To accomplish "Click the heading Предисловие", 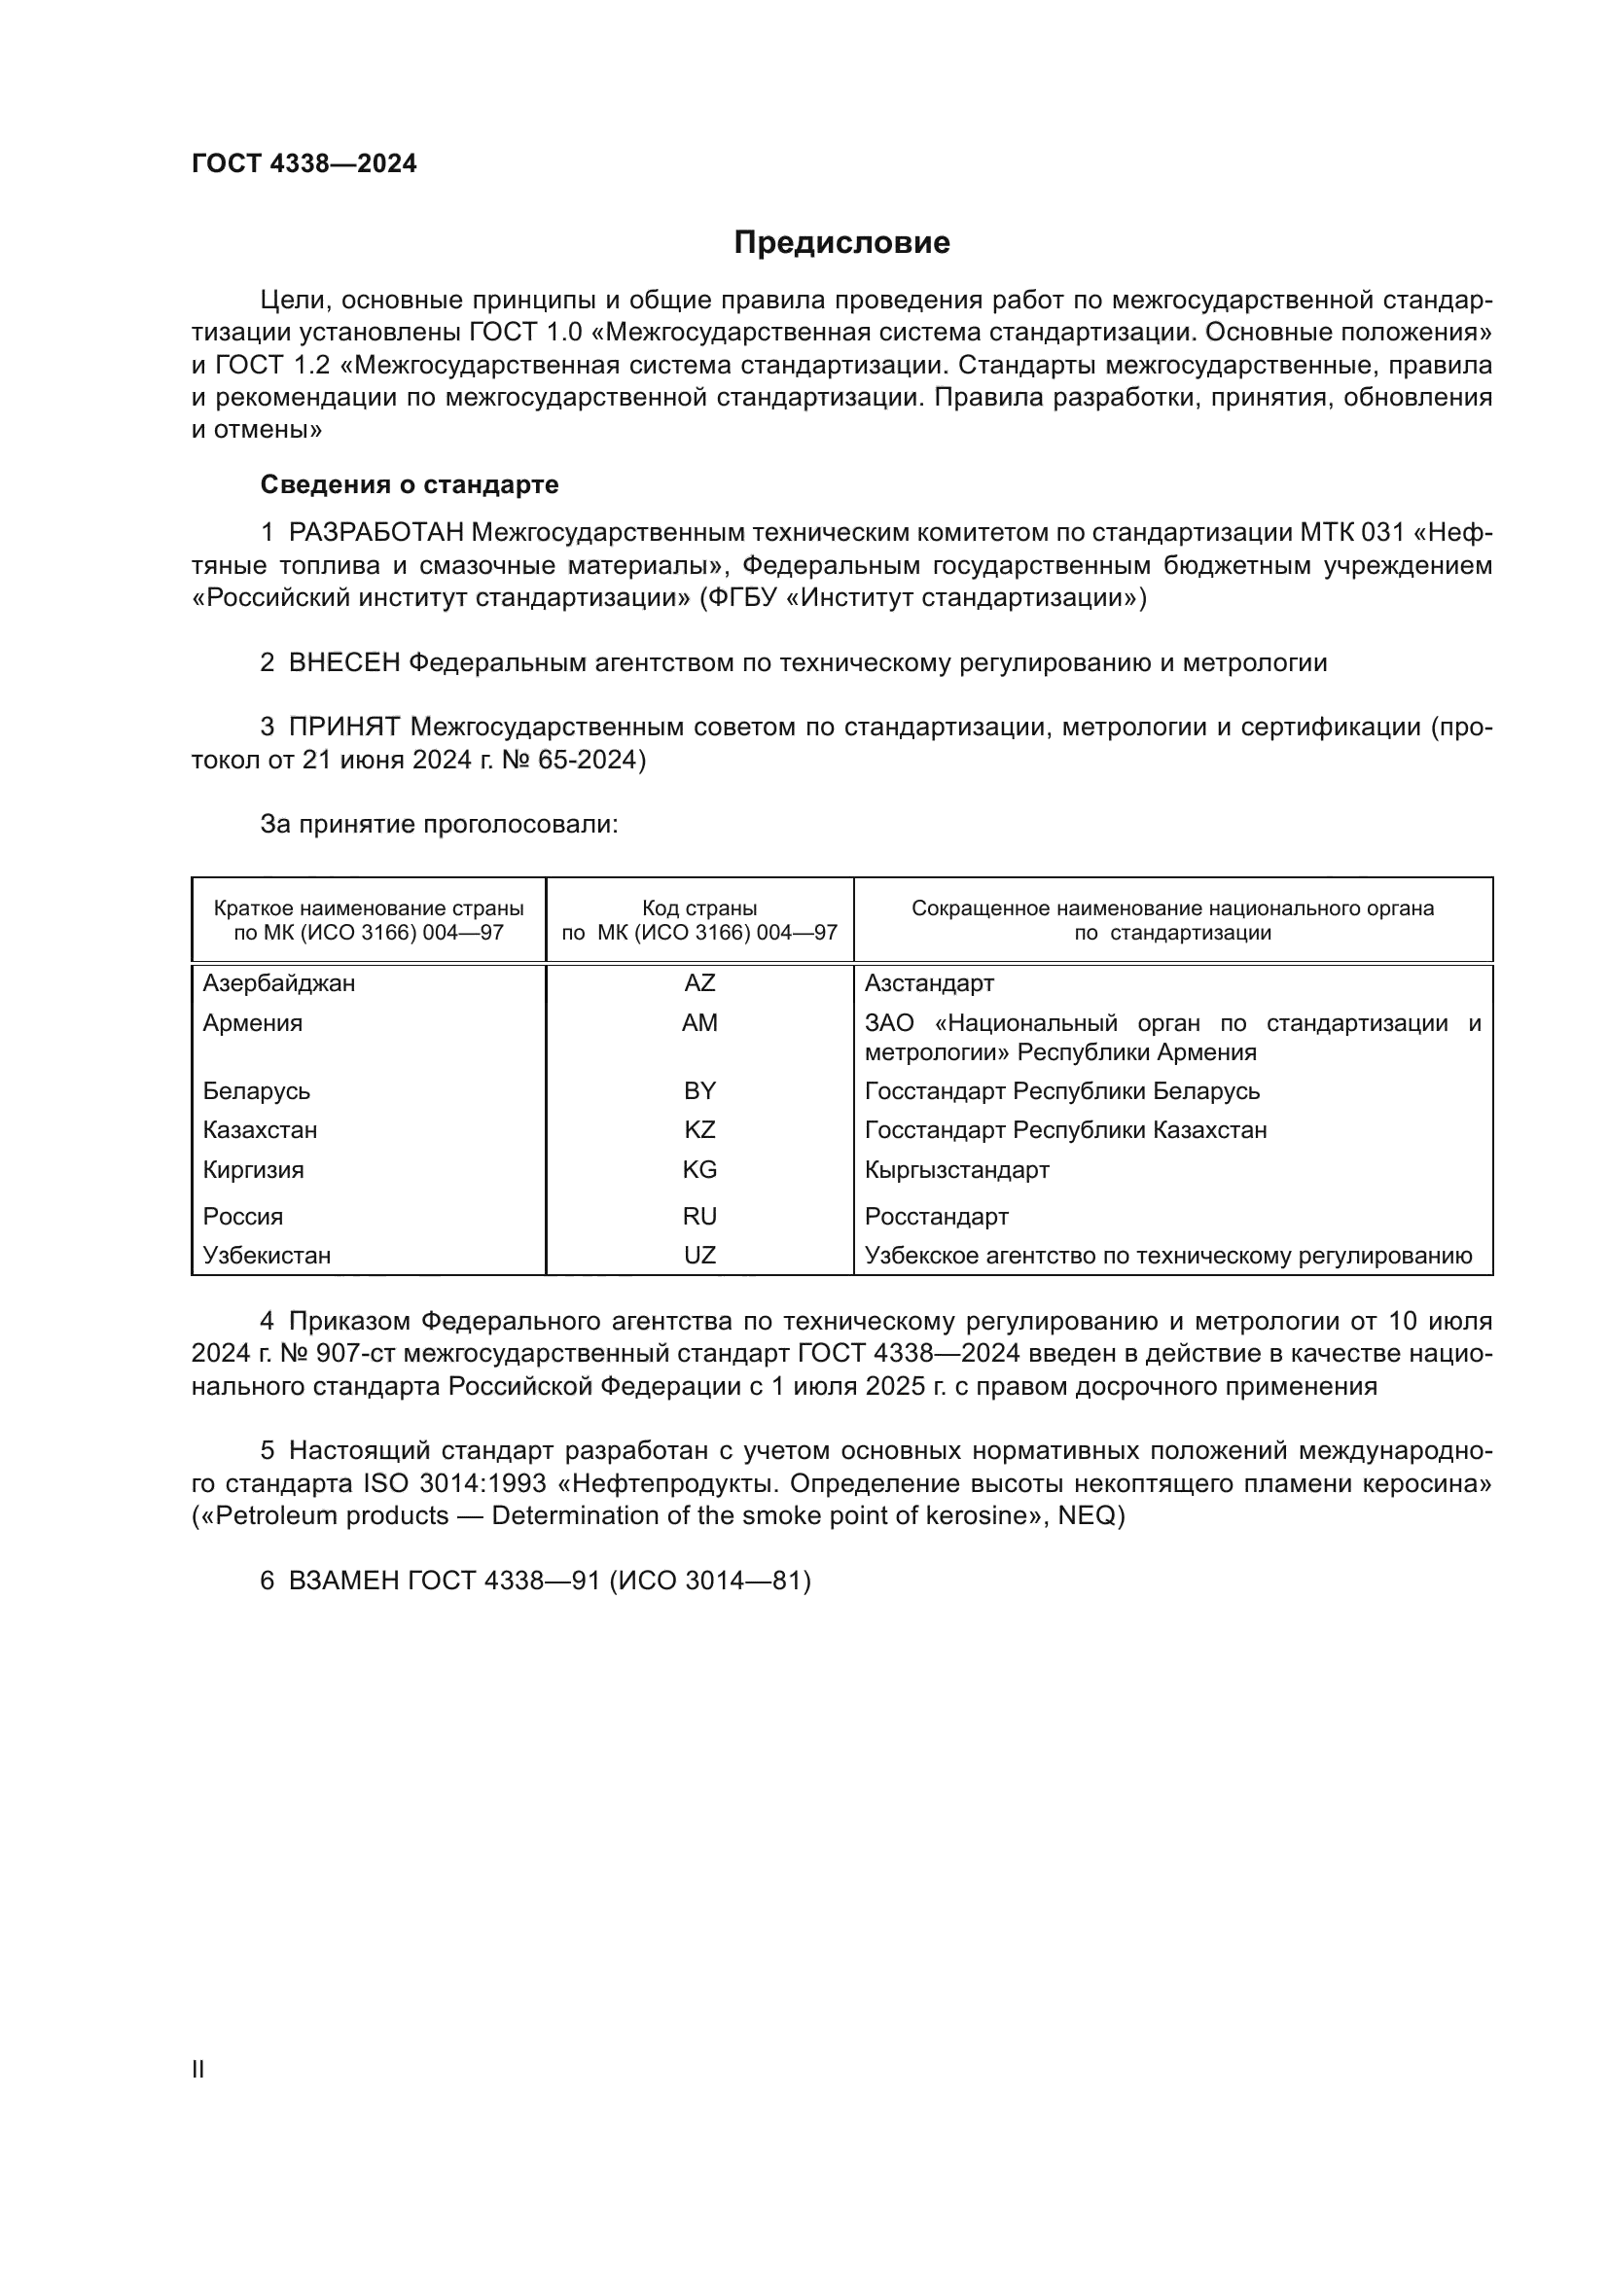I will tap(841, 243).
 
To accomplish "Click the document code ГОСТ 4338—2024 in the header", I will tap(304, 163).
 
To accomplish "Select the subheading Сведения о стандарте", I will tap(410, 484).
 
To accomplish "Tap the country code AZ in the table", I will tap(699, 983).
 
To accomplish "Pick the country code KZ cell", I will tap(699, 1129).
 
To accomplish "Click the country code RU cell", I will tap(699, 1216).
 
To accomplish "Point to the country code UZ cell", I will tap(699, 1256).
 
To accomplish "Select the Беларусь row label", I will tap(257, 1091).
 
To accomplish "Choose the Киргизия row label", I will tap(254, 1169).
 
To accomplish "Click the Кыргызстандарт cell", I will tap(956, 1169).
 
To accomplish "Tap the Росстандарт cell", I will tap(936, 1216).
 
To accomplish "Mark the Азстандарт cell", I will tap(928, 983).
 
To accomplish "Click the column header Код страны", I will tap(699, 907).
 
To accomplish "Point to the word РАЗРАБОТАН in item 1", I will tap(375, 533).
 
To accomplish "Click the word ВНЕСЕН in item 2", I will tap(343, 663).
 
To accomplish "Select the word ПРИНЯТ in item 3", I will tap(343, 728).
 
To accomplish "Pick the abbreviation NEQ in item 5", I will tap(1088, 1516).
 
